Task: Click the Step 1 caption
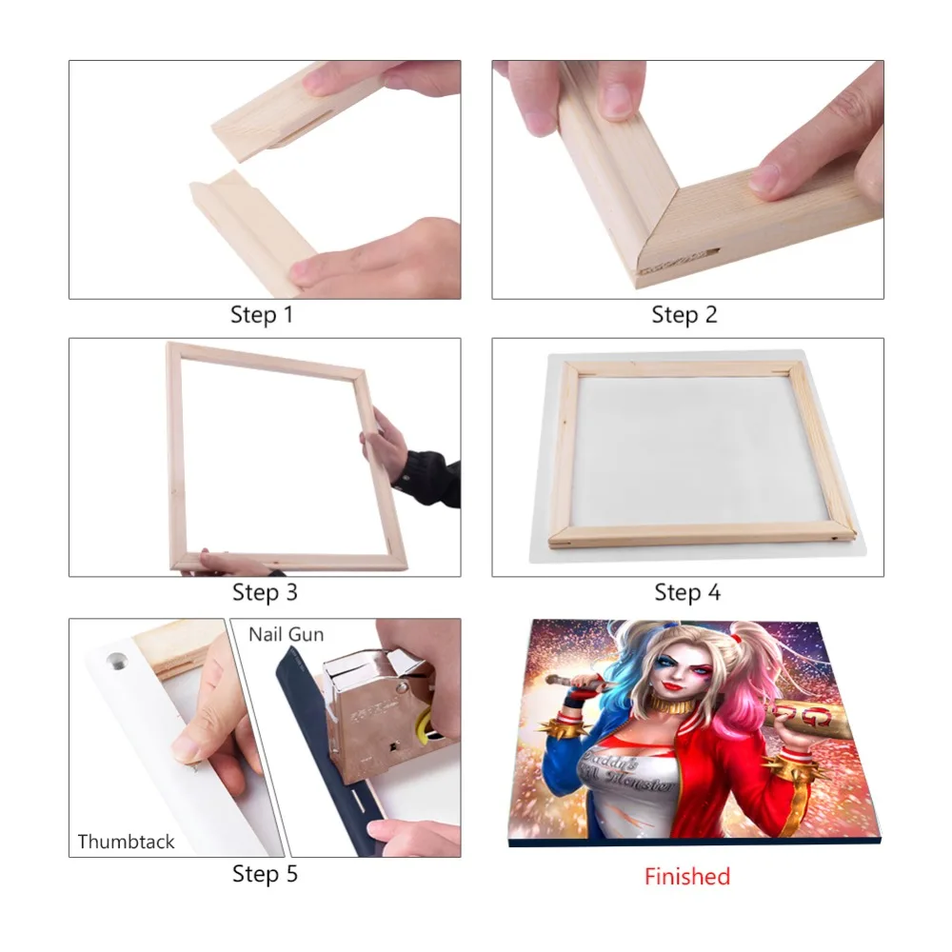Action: click(x=262, y=314)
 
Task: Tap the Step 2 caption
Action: click(x=684, y=314)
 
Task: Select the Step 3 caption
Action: click(x=265, y=592)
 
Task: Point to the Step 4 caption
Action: click(x=687, y=592)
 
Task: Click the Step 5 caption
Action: click(x=265, y=873)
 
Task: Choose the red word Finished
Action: click(x=686, y=876)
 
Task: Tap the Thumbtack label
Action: click(x=127, y=842)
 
